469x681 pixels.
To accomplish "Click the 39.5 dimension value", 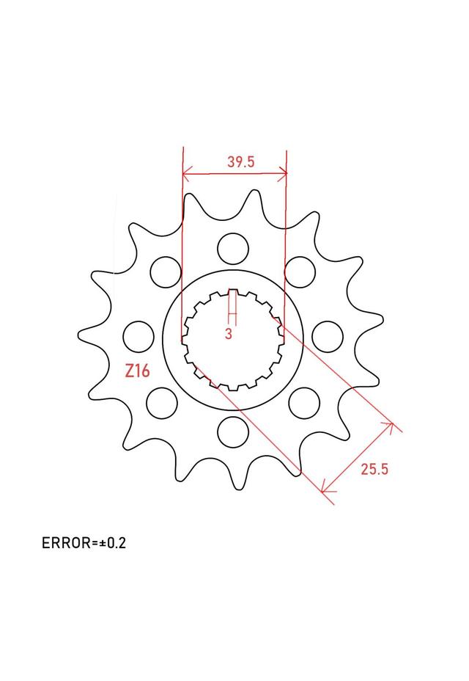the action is click(x=241, y=162).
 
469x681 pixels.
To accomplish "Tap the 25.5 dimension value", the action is click(x=374, y=469).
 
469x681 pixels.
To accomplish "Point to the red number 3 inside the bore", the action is click(x=229, y=334).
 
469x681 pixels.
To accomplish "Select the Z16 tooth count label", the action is click(x=137, y=371).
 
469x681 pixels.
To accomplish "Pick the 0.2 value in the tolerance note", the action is click(x=117, y=543).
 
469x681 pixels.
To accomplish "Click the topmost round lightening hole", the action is click(x=233, y=249).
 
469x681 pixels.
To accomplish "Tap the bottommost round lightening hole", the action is click(x=234, y=431).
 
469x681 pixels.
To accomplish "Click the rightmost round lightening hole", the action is click(x=328, y=337).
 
